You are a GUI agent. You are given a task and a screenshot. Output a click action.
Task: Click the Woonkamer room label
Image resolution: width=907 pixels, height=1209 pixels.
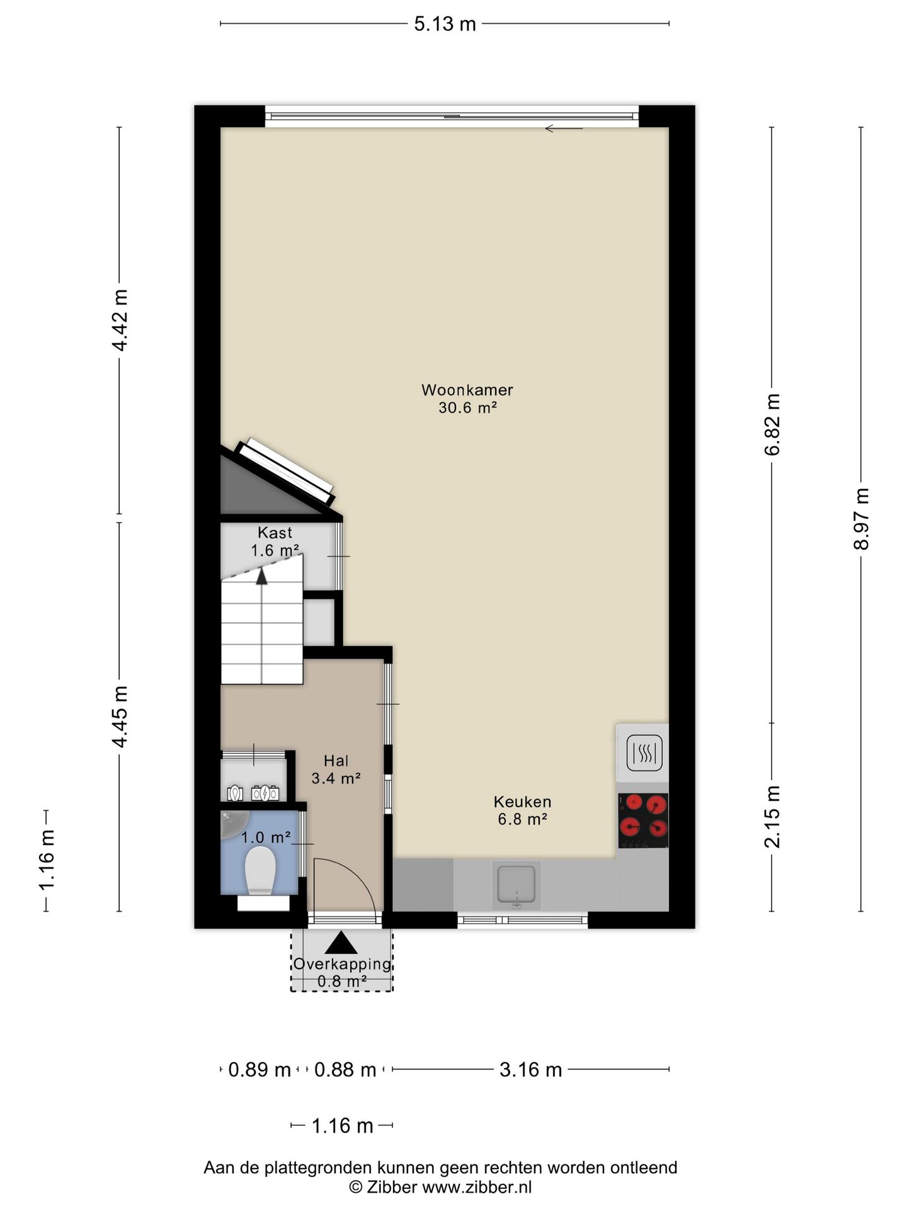click(x=467, y=390)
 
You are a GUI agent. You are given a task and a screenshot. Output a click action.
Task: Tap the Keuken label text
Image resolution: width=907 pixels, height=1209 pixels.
click(x=522, y=802)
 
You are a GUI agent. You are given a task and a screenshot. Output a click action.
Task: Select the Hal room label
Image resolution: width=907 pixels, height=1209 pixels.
click(x=336, y=761)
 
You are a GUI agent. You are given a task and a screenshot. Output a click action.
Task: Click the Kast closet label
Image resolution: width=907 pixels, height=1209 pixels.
click(x=275, y=533)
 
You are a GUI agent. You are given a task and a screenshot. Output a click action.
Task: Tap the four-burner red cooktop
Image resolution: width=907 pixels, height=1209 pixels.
click(x=643, y=820)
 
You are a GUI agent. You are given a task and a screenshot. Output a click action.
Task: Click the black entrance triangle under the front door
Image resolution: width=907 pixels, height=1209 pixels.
click(x=341, y=943)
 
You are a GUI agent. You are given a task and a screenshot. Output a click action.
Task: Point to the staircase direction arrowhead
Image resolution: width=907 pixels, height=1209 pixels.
click(x=261, y=576)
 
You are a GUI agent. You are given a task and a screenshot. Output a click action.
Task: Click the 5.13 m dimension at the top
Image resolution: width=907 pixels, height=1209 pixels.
click(x=445, y=24)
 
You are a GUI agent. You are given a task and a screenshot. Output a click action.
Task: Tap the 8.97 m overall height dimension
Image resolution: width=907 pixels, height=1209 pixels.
click(x=861, y=519)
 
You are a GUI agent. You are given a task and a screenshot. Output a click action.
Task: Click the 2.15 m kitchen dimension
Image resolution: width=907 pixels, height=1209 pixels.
click(x=772, y=817)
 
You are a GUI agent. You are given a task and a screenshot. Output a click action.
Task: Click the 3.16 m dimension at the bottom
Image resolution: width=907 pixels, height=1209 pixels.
click(x=530, y=1069)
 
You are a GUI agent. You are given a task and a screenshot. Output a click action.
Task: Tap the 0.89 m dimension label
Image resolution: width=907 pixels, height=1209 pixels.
click(x=259, y=1069)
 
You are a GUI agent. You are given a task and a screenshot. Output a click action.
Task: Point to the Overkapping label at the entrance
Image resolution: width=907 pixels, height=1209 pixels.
click(x=342, y=964)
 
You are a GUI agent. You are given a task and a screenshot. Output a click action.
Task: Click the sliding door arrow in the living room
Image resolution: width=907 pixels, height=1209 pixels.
click(x=564, y=128)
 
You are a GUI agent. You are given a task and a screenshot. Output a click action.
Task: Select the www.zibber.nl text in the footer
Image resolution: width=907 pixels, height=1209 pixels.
click(x=477, y=1187)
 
